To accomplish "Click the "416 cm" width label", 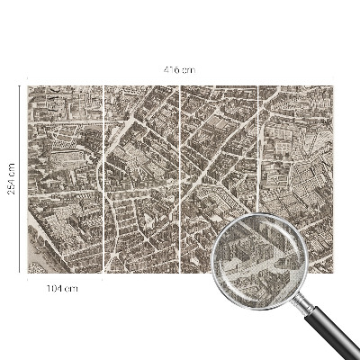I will pos(180,70).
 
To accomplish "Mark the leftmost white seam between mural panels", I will pos(103,180).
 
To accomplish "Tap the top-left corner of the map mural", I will pos(27,86).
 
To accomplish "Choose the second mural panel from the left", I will pos(142,180).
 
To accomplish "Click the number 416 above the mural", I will pos(174,70).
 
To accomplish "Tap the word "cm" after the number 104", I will pos(73,288).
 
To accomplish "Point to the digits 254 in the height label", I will pos(11,175).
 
